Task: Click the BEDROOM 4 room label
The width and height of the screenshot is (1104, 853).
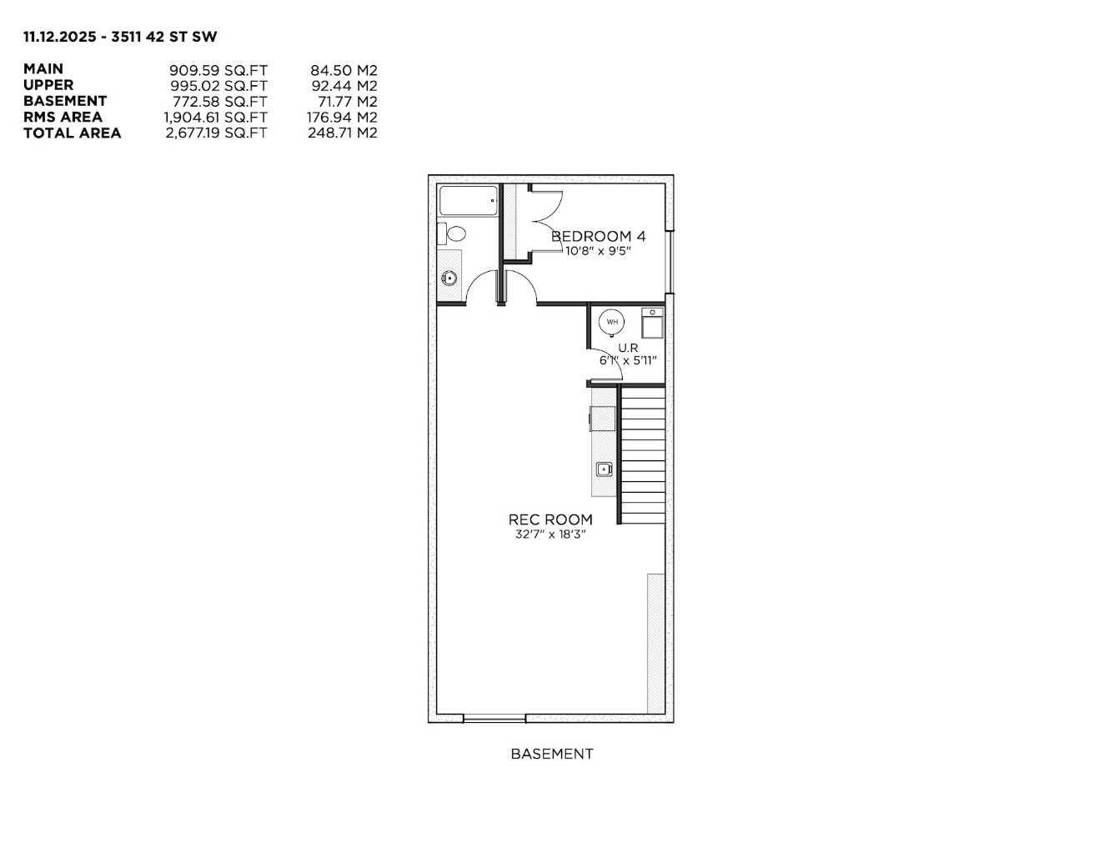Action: [598, 236]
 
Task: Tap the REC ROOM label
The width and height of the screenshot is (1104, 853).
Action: [550, 519]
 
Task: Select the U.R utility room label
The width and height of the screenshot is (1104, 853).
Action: [628, 347]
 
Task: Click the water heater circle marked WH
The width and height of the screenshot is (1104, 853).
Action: [613, 322]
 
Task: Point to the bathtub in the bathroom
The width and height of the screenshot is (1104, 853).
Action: [469, 201]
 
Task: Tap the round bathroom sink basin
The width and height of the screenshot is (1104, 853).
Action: [449, 278]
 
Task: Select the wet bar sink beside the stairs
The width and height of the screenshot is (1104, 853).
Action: [604, 469]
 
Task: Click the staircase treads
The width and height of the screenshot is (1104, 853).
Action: [643, 454]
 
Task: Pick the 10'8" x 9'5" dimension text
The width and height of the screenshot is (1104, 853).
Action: [598, 250]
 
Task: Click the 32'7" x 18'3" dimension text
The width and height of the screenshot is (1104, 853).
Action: [550, 534]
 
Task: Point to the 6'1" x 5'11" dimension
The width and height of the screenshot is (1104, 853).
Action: [628, 361]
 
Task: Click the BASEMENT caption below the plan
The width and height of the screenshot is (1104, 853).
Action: [551, 754]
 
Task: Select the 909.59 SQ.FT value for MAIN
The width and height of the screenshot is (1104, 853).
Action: [218, 70]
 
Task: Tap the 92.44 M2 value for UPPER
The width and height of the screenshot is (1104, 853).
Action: [344, 85]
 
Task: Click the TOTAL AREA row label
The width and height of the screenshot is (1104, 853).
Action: [73, 133]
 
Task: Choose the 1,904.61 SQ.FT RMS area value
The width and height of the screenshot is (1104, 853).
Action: [215, 117]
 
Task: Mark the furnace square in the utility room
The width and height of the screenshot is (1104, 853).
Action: [652, 324]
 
